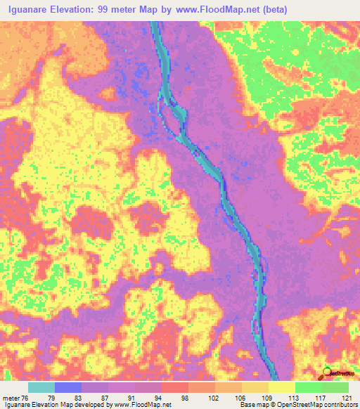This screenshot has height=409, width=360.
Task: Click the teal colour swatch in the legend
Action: click(41, 387)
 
